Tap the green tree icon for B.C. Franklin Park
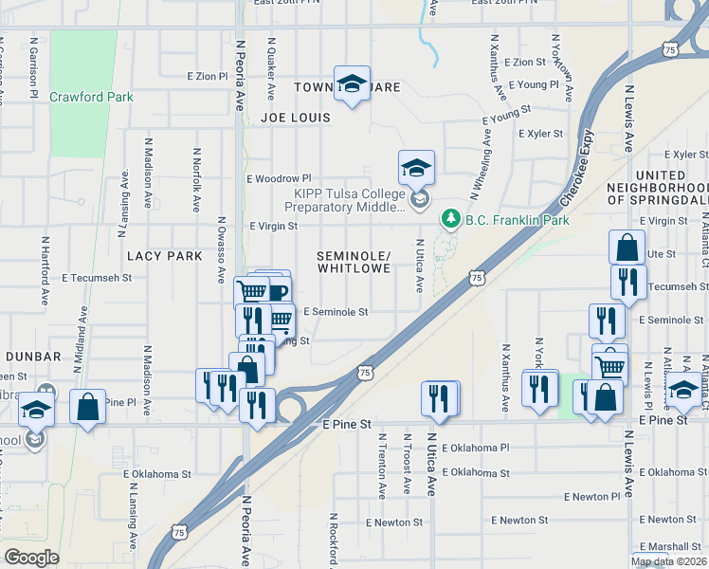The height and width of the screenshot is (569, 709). [x=451, y=219]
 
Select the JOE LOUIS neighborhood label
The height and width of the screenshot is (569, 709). [x=296, y=119]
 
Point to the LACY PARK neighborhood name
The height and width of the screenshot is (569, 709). [x=165, y=257]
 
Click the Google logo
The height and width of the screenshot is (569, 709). [x=31, y=558]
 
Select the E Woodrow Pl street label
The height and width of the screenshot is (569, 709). [x=279, y=178]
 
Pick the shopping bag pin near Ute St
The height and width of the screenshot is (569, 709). [x=627, y=248]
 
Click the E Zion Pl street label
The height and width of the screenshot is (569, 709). [x=208, y=75]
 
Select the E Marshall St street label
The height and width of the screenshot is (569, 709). [x=668, y=547]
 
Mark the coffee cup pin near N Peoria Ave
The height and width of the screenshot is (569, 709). [x=275, y=290]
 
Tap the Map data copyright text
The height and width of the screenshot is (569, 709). [x=669, y=561]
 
